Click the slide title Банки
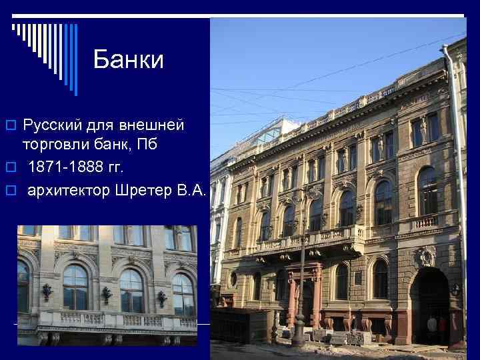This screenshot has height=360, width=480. click(128, 60)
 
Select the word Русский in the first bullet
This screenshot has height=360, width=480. click(50, 125)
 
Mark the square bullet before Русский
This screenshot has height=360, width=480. click(9, 125)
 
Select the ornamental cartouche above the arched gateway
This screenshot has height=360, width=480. click(425, 257)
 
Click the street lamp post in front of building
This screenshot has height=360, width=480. click(301, 267)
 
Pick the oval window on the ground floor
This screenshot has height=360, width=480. click(233, 279)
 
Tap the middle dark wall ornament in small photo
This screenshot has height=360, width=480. click(106, 293)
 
